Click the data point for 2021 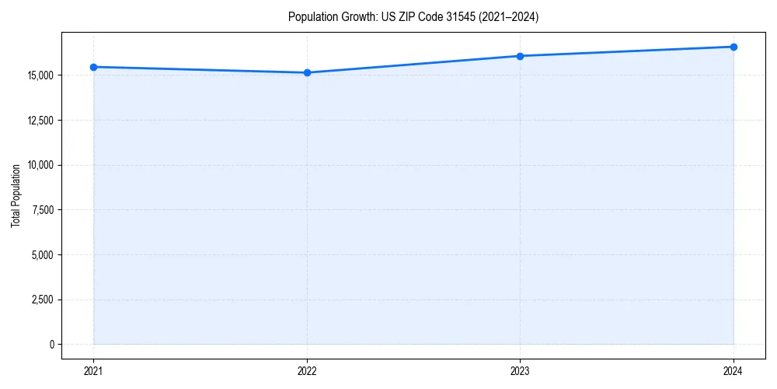tap(94, 67)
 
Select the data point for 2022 tap(308, 73)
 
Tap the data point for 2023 tap(521, 56)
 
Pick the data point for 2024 tap(733, 47)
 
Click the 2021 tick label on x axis tap(94, 371)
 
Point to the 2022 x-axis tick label tap(308, 371)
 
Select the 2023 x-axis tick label tap(521, 371)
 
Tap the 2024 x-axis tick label tap(733, 371)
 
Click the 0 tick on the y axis tap(52, 345)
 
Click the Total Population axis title tap(16, 195)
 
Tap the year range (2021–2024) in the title tap(503, 16)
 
